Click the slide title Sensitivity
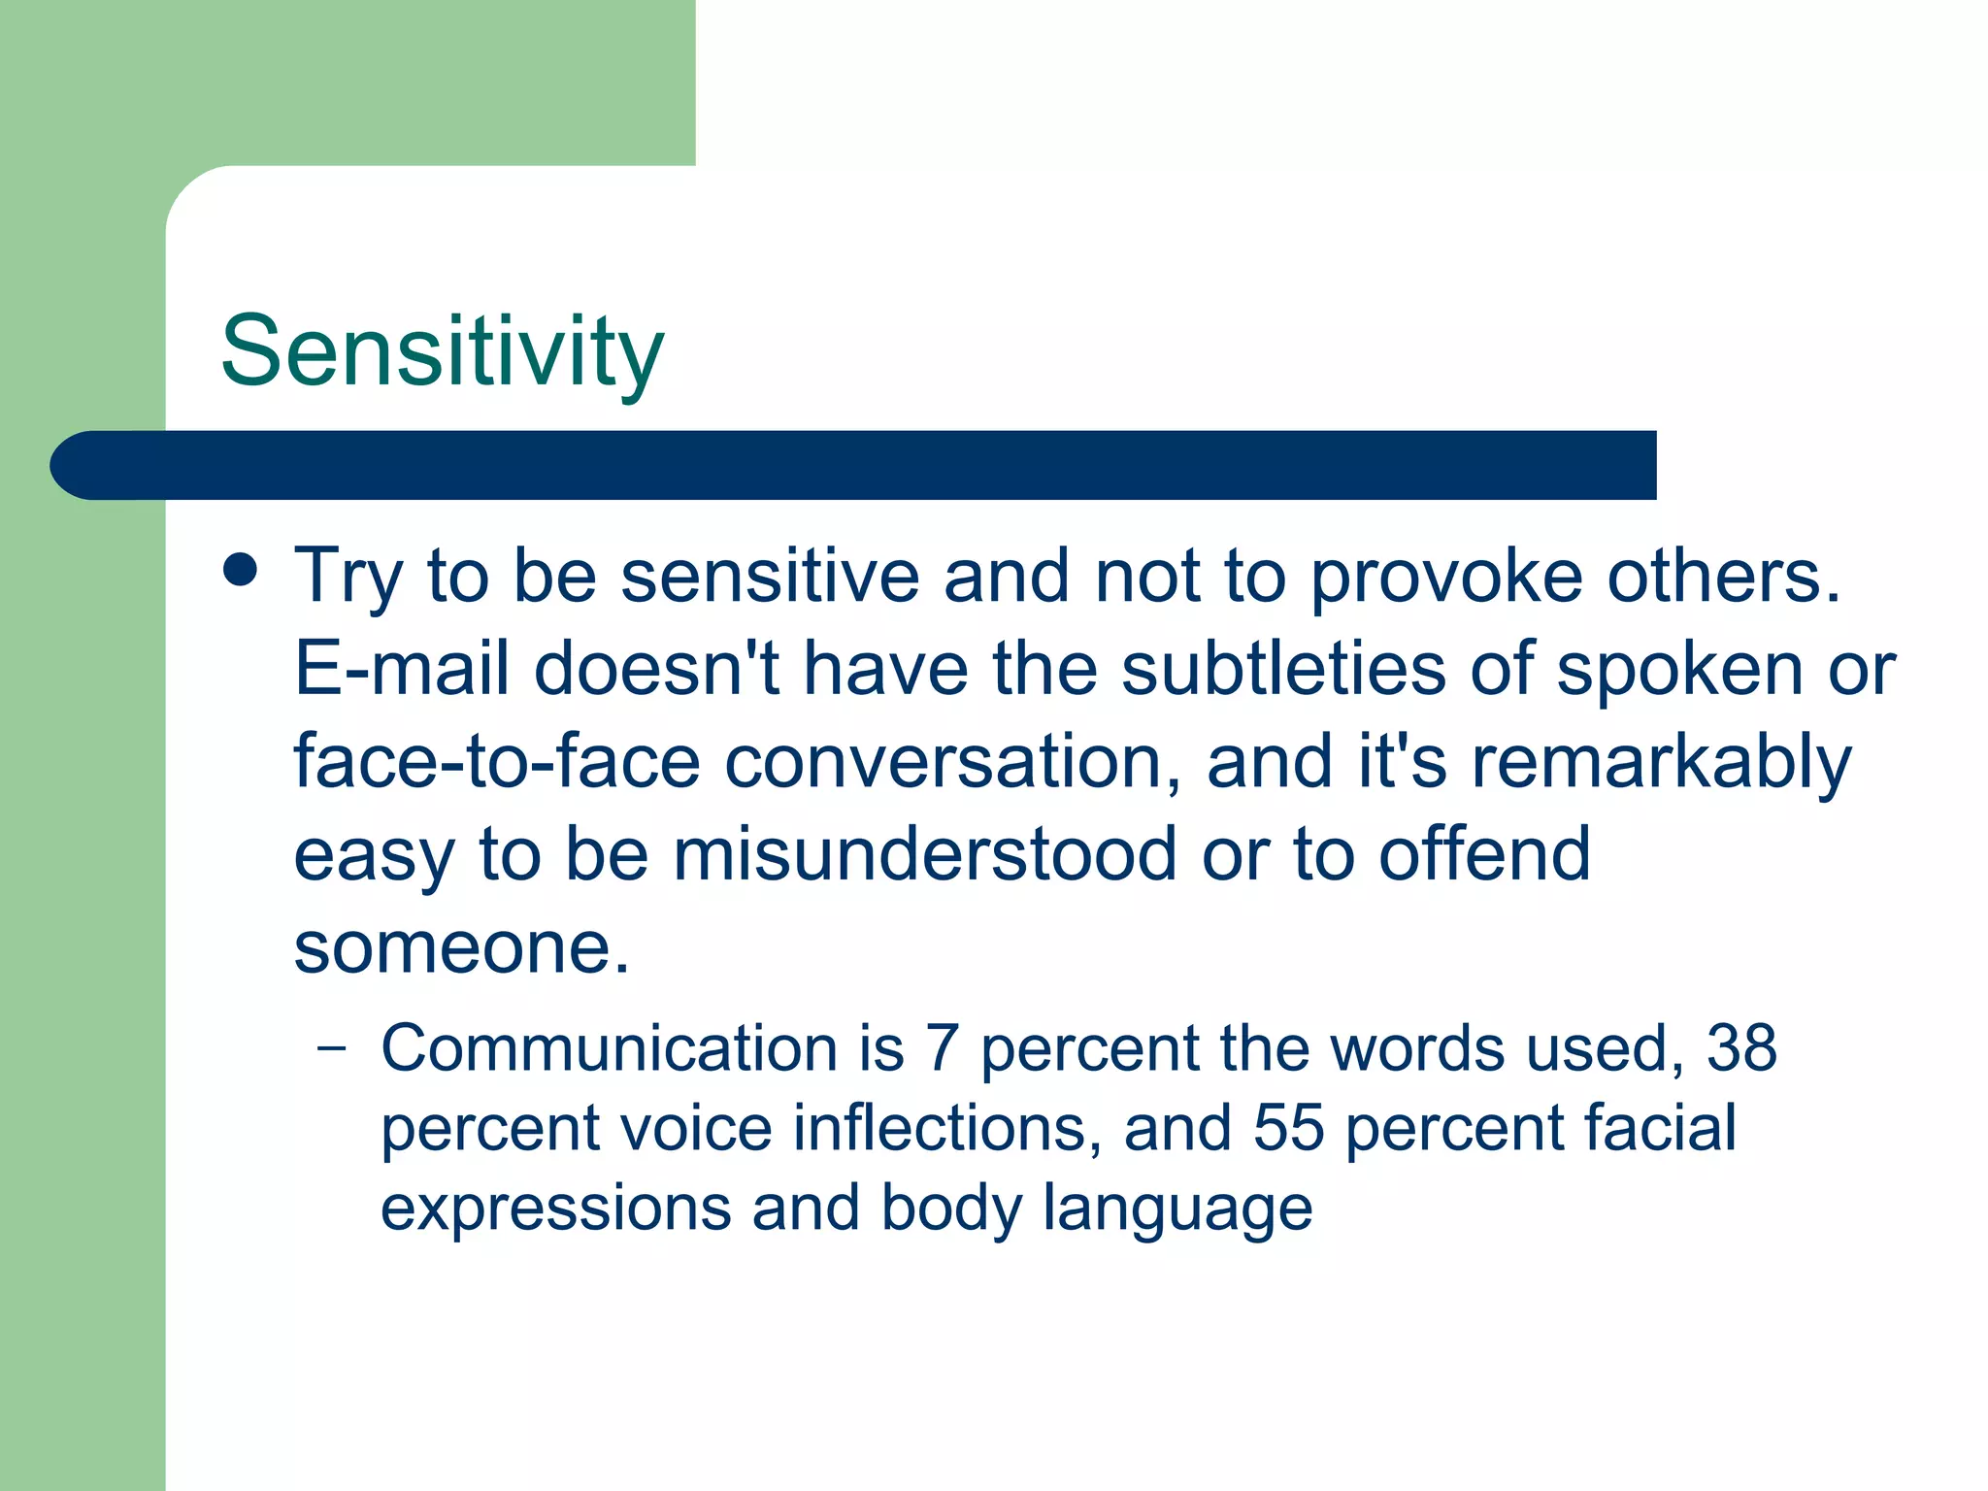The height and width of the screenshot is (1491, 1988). (x=443, y=351)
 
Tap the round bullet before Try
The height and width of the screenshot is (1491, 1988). (x=240, y=571)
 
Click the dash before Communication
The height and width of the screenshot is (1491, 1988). (x=331, y=1048)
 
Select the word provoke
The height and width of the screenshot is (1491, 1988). (x=1446, y=578)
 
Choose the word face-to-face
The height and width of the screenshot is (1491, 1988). (x=497, y=762)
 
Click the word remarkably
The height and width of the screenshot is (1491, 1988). (x=1662, y=764)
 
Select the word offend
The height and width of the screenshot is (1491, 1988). (x=1485, y=854)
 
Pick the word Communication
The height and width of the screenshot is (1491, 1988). (x=609, y=1048)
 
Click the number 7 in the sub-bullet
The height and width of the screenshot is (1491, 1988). (x=942, y=1048)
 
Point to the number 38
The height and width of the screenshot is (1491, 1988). (x=1741, y=1048)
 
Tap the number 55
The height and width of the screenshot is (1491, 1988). (x=1288, y=1128)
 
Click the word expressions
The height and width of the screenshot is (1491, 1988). (x=556, y=1209)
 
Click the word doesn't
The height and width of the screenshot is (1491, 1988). (x=657, y=669)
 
